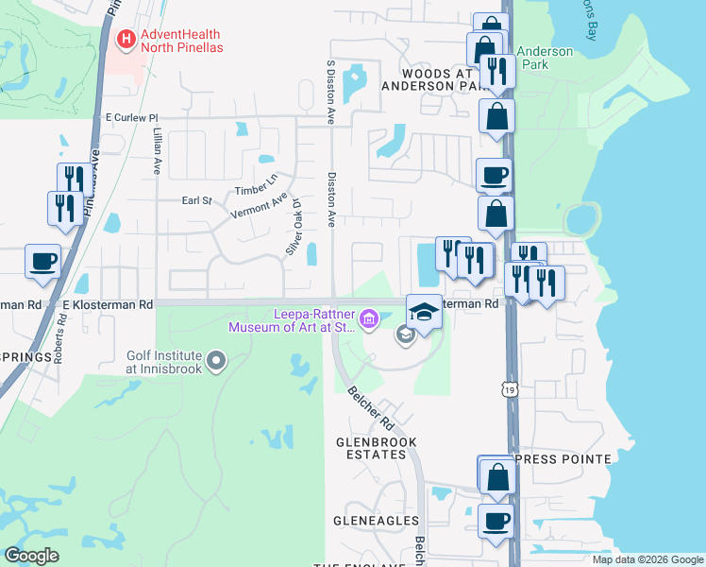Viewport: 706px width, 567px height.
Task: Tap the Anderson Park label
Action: point(546,59)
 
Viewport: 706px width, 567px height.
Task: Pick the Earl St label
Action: point(196,200)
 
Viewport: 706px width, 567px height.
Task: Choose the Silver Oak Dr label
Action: point(294,227)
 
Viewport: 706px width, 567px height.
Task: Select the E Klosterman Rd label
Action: point(107,305)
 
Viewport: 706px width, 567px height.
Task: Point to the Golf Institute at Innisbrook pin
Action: point(217,360)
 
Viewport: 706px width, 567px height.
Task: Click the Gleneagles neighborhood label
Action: point(376,521)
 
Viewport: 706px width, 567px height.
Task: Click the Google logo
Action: point(31,556)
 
